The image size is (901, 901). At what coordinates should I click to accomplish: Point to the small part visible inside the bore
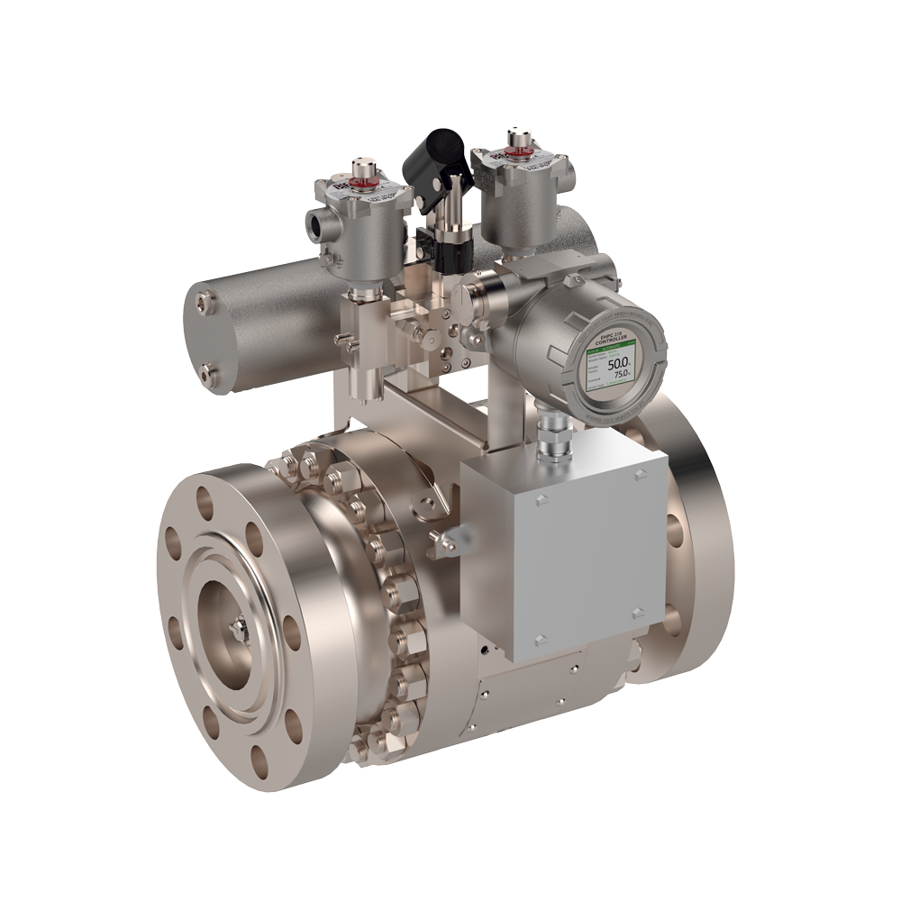point(240,627)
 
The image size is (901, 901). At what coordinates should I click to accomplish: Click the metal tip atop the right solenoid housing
point(517,137)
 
